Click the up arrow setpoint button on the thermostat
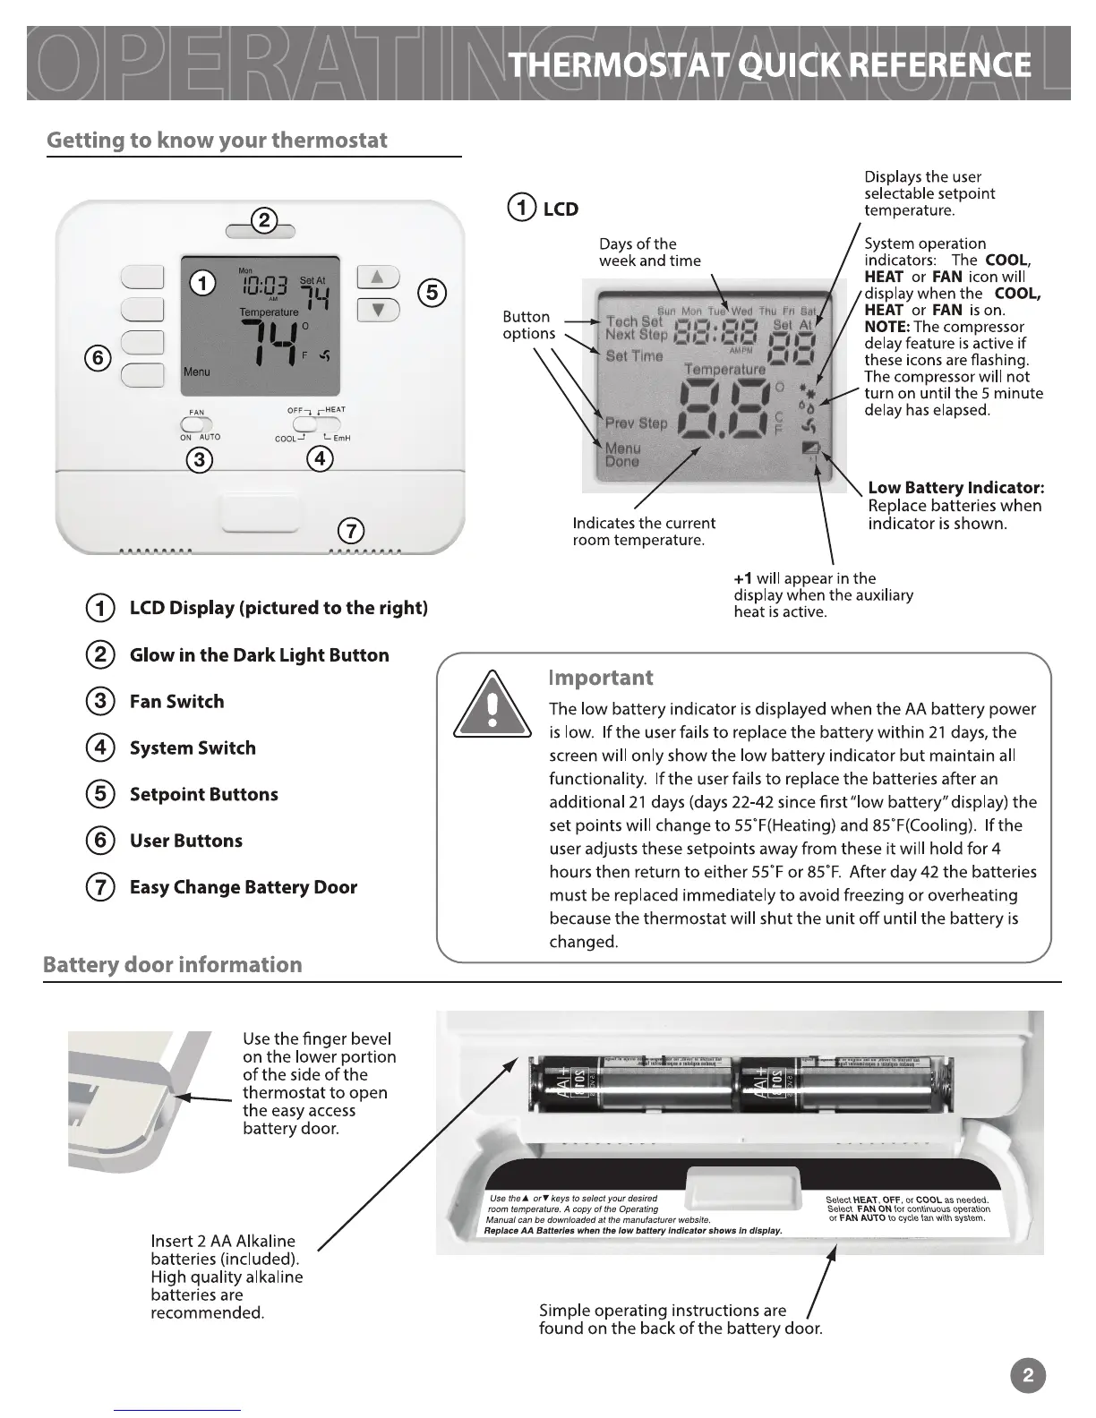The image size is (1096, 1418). (378, 277)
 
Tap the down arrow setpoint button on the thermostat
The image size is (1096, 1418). (378, 310)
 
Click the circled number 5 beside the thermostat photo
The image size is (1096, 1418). (432, 293)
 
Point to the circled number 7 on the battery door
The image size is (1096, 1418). (350, 531)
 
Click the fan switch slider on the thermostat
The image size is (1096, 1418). (197, 424)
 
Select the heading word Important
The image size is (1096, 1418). (601, 678)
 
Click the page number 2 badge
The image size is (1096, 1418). (1027, 1376)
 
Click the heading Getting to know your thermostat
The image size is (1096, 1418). (217, 141)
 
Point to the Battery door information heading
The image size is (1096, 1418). (173, 965)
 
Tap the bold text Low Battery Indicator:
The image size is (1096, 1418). (956, 488)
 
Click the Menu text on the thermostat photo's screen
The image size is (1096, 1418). (197, 372)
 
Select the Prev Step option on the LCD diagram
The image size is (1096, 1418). (636, 423)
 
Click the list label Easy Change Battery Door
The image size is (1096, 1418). (243, 887)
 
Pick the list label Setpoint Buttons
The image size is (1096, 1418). (203, 794)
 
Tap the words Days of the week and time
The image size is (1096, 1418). (649, 252)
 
